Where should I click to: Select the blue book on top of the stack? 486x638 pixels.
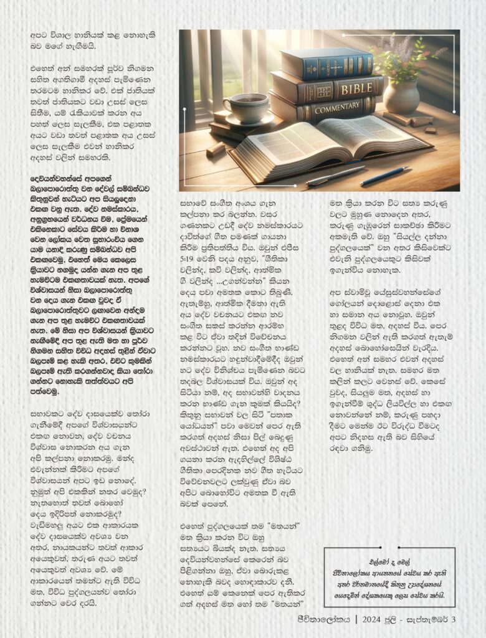(x=326, y=62)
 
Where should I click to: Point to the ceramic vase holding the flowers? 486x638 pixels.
(x=401, y=97)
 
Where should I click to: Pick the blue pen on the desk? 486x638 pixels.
(x=384, y=176)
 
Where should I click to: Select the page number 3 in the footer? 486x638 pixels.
(x=454, y=619)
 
